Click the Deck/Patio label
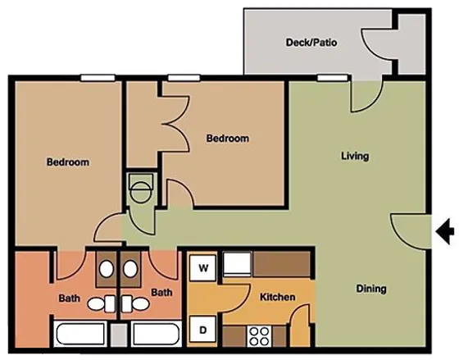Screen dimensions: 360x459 [311, 42]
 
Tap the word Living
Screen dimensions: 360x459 [355, 156]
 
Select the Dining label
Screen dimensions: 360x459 [370, 289]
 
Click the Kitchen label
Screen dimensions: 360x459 [277, 296]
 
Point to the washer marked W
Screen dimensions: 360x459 [202, 267]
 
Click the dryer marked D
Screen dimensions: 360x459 [202, 330]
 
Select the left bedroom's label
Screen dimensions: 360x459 [67, 162]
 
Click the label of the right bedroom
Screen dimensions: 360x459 [227, 139]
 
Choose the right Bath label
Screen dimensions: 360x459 [161, 292]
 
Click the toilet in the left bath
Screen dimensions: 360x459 [98, 303]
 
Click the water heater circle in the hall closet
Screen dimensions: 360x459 [140, 194]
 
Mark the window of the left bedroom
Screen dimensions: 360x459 [98, 78]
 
